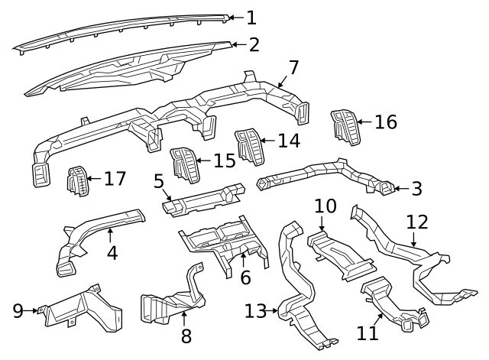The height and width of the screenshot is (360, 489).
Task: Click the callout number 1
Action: pos(251,17)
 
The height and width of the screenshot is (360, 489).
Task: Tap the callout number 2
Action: pos(253,44)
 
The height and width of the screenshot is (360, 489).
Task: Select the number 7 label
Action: pos(293,66)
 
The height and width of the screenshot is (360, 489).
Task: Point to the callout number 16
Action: pos(386,122)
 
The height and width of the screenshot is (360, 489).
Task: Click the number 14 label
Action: pos(289,141)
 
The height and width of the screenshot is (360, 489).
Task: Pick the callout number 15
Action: pos(225,161)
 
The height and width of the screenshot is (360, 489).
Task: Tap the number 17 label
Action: pos(115,179)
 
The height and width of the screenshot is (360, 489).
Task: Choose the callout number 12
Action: pos(417,222)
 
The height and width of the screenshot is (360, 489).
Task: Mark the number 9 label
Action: pos(18,310)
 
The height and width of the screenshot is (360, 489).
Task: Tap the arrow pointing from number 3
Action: pos(398,187)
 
